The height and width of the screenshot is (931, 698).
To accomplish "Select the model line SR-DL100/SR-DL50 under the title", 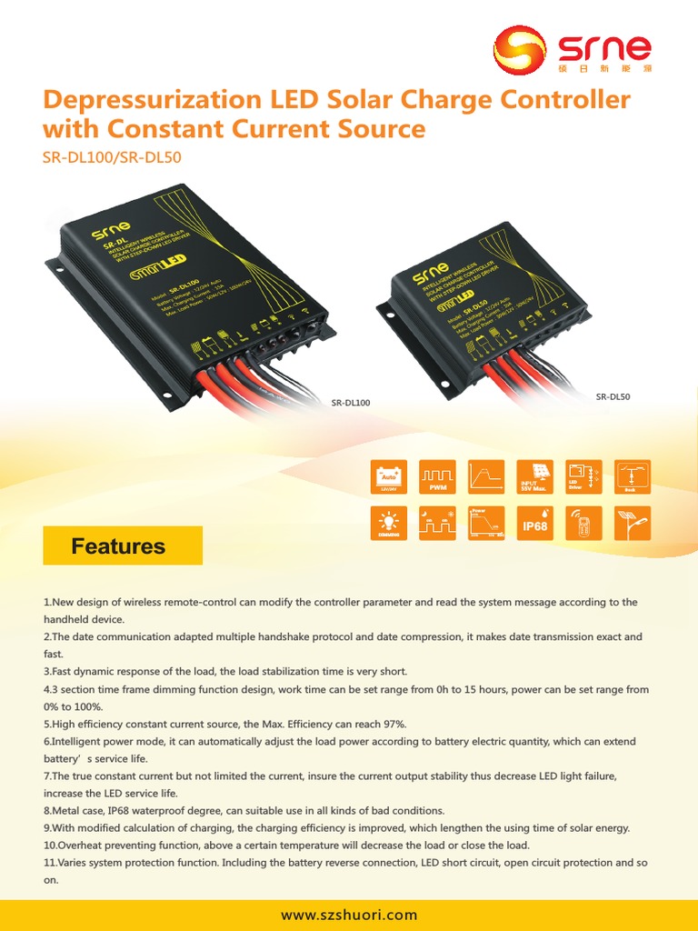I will pyautogui.click(x=112, y=156).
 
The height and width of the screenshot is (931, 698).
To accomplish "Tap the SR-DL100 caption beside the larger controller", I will pyautogui.click(x=352, y=402).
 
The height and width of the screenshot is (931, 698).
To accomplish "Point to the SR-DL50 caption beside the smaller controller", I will pyautogui.click(x=613, y=396).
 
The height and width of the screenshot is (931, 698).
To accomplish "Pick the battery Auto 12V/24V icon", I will pyautogui.click(x=388, y=477).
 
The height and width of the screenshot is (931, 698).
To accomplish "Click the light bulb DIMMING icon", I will pyautogui.click(x=388, y=526).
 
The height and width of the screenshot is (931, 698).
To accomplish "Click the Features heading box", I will pyautogui.click(x=123, y=546).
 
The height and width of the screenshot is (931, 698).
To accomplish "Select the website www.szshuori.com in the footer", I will pyautogui.click(x=349, y=915).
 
